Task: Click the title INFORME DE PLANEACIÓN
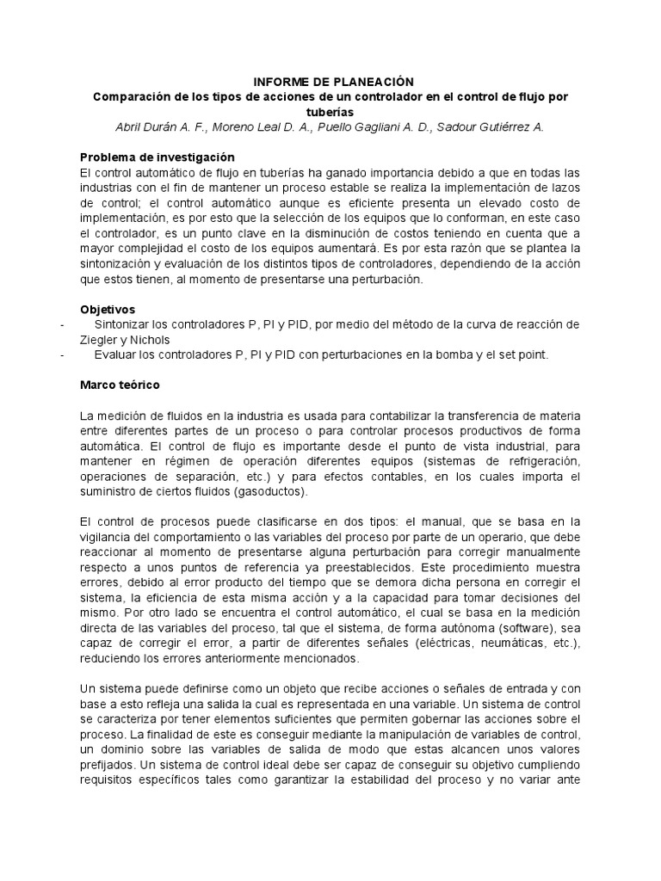pos(330,80)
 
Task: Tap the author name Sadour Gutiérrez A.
pos(491,127)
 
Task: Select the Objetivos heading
pos(107,309)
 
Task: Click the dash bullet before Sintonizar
pos(62,324)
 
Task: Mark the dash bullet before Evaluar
pos(62,354)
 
